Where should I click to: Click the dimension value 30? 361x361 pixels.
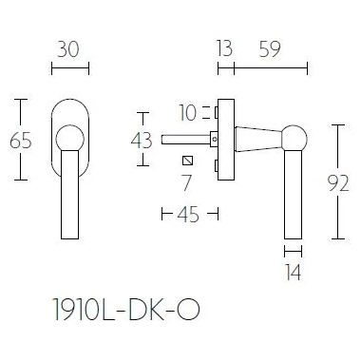(x=68, y=47)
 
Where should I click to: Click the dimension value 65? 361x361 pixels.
(x=20, y=141)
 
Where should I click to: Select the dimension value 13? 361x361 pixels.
(x=224, y=47)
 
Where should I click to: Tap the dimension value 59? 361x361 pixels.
(x=270, y=47)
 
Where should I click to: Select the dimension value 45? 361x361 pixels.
(x=187, y=215)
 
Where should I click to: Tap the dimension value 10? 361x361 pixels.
(x=187, y=113)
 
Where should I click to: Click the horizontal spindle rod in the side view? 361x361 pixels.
(x=190, y=141)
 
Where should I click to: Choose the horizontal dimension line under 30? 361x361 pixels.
(x=68, y=68)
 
